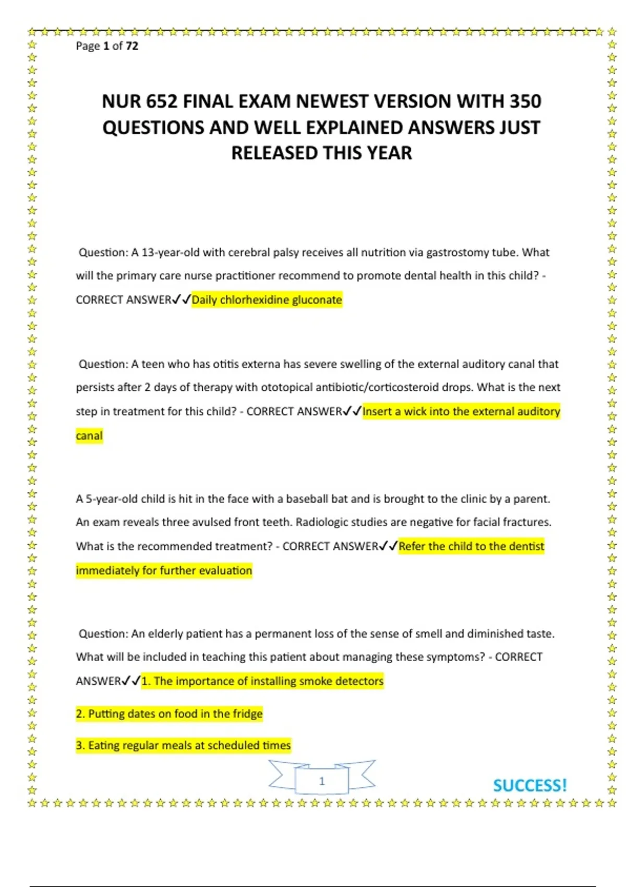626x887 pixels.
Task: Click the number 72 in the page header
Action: tap(132, 46)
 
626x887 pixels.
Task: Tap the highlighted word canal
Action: tap(89, 436)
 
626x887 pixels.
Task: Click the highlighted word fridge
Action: tap(247, 714)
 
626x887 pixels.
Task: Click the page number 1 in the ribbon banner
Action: tap(322, 781)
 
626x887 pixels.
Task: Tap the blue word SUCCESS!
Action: tap(529, 786)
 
